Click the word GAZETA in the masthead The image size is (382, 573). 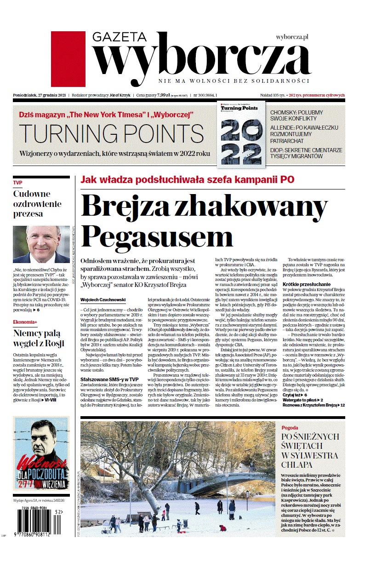[x=119, y=37]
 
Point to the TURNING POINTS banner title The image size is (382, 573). [x=111, y=133]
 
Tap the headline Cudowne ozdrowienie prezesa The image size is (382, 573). [x=32, y=203]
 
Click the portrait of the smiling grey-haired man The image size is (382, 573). [x=41, y=244]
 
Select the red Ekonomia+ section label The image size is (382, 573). [x=25, y=322]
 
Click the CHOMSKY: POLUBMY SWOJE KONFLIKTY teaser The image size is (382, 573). [x=296, y=115]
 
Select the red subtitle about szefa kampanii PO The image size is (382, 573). [x=187, y=180]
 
